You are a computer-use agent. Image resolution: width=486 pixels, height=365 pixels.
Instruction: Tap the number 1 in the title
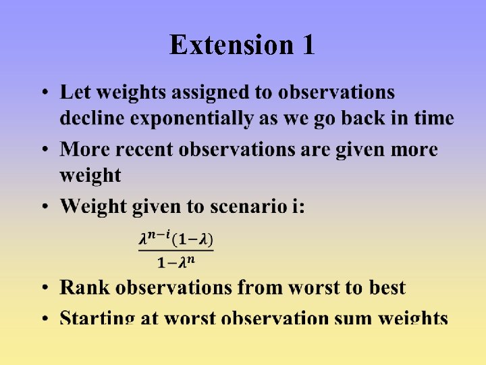point(307,45)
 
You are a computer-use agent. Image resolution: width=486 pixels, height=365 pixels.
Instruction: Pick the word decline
point(92,118)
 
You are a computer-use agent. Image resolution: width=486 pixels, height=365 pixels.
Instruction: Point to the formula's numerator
point(176,239)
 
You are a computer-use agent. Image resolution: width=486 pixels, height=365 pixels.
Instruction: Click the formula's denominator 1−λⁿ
point(176,262)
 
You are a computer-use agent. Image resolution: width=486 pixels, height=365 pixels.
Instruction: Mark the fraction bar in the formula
point(176,251)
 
